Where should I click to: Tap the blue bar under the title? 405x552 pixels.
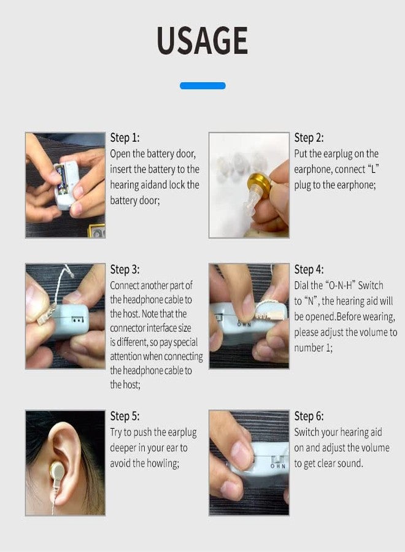pyautogui.click(x=202, y=86)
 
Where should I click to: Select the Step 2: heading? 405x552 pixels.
pyautogui.click(x=309, y=137)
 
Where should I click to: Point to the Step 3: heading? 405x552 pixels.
pyautogui.click(x=125, y=269)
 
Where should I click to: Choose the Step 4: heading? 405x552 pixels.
pyautogui.click(x=309, y=269)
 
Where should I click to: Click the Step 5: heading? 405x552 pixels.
pyautogui.click(x=125, y=416)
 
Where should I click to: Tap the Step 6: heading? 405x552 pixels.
pyautogui.click(x=309, y=416)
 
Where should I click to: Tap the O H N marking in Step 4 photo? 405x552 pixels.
pyautogui.click(x=244, y=323)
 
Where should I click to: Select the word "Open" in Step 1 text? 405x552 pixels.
pyautogui.click(x=121, y=153)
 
